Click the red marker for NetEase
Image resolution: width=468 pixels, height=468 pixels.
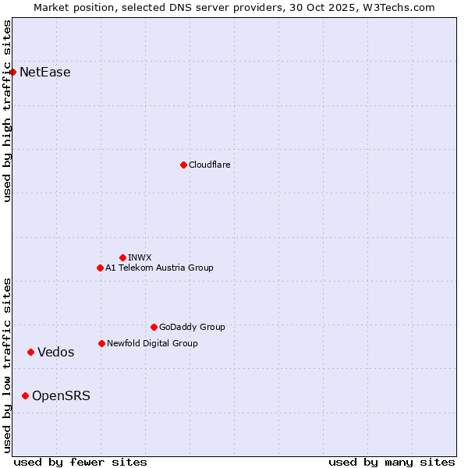click(x=12, y=73)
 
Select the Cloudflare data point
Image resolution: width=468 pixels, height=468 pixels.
click(x=183, y=165)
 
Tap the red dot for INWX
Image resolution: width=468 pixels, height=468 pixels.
click(x=122, y=257)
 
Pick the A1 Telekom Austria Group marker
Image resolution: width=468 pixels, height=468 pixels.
click(x=100, y=268)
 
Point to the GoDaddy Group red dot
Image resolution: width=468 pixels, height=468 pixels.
click(x=154, y=328)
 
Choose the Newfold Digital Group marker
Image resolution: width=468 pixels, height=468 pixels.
click(x=101, y=344)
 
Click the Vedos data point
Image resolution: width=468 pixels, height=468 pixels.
click(x=30, y=353)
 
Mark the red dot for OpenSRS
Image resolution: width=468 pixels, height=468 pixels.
click(x=25, y=396)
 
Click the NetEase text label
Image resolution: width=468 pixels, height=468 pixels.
click(x=45, y=73)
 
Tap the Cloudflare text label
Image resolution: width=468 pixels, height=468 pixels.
click(x=210, y=165)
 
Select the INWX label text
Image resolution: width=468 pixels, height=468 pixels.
click(x=140, y=257)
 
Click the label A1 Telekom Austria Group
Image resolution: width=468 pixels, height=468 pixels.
click(x=159, y=268)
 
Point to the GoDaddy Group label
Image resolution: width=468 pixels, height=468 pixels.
click(x=192, y=328)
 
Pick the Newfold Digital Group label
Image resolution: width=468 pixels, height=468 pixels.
click(x=152, y=344)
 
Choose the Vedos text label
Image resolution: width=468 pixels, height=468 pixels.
click(x=56, y=353)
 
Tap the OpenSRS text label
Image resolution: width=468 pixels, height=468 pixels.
click(x=61, y=396)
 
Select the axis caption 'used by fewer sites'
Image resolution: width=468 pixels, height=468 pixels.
click(x=80, y=462)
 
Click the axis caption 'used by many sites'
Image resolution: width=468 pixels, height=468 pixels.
click(x=392, y=462)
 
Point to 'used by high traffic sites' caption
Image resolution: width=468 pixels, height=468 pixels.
click(x=7, y=111)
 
